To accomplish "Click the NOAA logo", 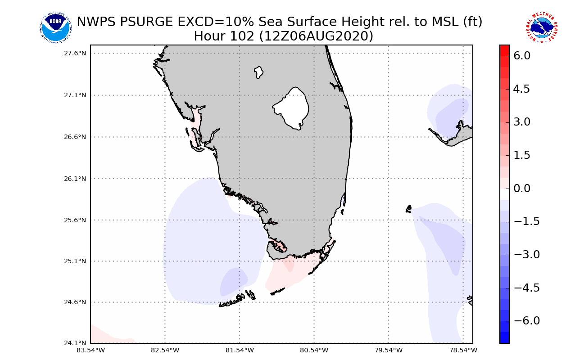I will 55,28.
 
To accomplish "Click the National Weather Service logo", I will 542,28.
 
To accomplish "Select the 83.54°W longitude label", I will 91,350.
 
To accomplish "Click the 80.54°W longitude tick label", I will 314,350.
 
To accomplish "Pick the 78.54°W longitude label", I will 463,350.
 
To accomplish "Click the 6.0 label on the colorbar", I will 522,56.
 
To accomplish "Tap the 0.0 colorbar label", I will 522,188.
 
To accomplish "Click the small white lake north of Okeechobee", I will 258,72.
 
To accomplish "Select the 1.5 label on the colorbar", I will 522,155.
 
